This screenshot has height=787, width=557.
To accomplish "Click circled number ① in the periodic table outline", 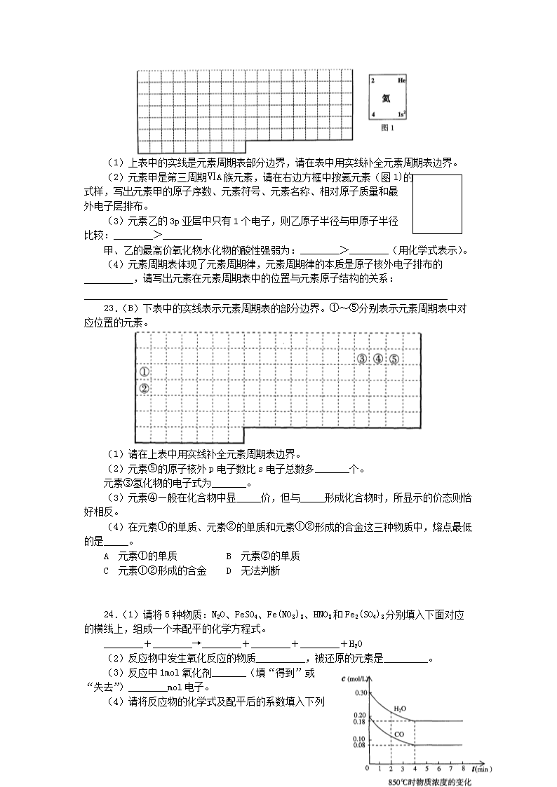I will pyautogui.click(x=144, y=372).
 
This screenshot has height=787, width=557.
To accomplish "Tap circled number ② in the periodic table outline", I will pyautogui.click(x=144, y=388).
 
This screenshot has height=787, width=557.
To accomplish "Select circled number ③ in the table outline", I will pyautogui.click(x=362, y=359).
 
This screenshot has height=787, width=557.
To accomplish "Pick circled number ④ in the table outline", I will pyautogui.click(x=378, y=359).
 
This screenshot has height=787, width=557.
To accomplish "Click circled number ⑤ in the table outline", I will pyautogui.click(x=394, y=359).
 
